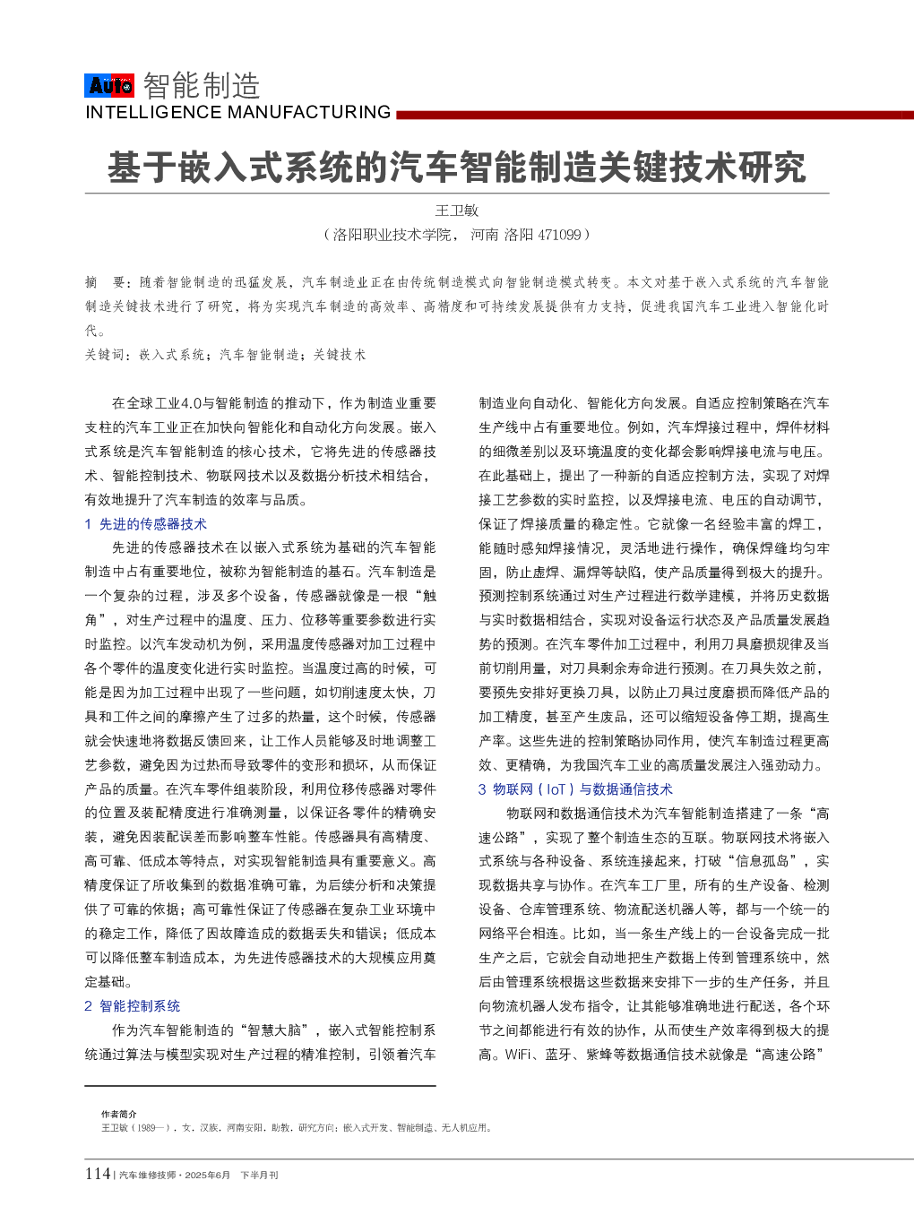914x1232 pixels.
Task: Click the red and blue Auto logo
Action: point(110,85)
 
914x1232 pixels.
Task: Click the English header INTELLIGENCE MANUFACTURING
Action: point(237,113)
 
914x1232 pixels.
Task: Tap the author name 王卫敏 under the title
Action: point(457,211)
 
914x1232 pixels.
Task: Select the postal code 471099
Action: point(559,235)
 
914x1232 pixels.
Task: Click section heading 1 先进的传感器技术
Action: point(146,524)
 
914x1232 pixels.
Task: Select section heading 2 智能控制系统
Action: point(133,1006)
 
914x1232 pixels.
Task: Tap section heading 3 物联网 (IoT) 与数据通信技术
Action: point(575,789)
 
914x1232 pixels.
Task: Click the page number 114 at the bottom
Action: point(97,1174)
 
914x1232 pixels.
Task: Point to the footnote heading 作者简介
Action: point(119,1115)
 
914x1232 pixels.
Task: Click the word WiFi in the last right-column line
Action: point(518,1055)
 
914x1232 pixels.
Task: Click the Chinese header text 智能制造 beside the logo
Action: point(202,86)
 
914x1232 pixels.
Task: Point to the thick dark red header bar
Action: point(654,115)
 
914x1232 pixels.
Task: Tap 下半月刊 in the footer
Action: point(259,1176)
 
